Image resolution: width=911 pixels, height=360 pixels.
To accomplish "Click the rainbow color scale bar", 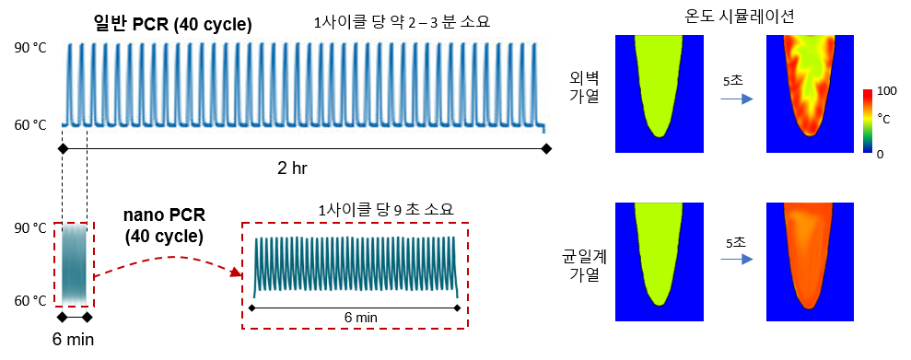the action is (868, 120).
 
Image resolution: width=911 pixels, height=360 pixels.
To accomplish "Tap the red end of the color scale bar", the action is (868, 93).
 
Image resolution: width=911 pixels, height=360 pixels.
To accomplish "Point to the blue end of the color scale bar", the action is (868, 147).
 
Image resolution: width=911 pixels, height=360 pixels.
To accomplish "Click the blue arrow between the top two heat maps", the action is (737, 99).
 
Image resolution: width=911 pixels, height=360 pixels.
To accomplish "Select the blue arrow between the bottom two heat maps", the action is (737, 259).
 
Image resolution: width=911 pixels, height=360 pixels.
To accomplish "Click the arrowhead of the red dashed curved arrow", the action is (238, 273).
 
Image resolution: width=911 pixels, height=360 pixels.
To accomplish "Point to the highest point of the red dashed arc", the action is (170, 258).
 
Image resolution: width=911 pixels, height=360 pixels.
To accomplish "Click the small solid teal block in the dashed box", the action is (74, 265).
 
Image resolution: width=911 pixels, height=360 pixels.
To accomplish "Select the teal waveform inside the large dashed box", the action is (356, 265).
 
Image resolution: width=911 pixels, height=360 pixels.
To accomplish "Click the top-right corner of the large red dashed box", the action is (468, 223).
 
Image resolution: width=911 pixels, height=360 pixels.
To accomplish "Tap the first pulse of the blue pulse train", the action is (69, 83).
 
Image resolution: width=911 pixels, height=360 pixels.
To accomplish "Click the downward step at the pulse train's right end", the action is (544, 127).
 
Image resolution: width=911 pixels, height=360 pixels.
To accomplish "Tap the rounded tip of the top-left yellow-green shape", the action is (659, 134).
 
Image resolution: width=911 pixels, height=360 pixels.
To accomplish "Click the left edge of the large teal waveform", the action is (255, 267).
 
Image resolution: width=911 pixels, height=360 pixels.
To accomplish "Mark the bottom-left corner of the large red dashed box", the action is (242, 328).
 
